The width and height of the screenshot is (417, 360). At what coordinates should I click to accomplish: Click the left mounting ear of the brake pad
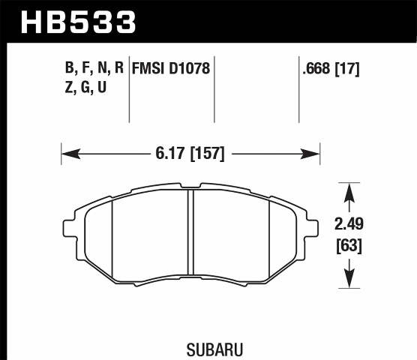click(68, 227)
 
